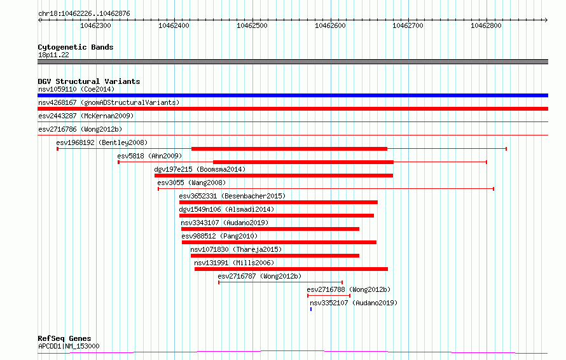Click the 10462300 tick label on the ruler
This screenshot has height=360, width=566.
coord(95,25)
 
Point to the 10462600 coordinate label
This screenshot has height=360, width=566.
coord(330,25)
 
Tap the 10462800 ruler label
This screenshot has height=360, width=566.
coord(487,25)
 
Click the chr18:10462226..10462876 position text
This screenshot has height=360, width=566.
coord(84,14)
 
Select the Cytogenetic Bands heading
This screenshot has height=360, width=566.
coord(76,47)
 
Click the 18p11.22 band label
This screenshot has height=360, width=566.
coord(53,55)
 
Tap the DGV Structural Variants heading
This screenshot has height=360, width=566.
coord(89,81)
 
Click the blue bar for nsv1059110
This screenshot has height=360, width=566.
coord(293,95)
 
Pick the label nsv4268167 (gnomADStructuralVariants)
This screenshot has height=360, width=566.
coord(109,102)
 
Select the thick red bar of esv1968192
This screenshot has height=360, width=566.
coord(289,149)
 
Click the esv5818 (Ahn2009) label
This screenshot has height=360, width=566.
coord(149,156)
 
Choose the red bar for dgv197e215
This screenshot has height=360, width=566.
coord(273,176)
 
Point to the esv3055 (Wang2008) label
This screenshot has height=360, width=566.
coord(191,183)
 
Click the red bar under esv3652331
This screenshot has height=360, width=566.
coord(279,202)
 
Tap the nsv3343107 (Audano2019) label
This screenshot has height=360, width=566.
coord(224,223)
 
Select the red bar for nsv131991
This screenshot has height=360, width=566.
coord(291,269)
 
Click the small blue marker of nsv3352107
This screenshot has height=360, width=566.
coord(311,309)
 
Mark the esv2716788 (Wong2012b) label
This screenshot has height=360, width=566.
coord(349,289)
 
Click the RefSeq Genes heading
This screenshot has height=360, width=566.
coord(64,339)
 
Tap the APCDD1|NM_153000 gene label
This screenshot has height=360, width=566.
coord(69,346)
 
